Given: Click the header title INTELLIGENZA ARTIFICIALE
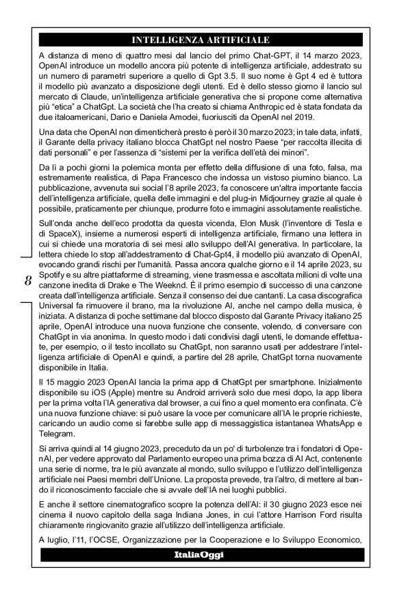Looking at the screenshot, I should coord(201,40).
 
